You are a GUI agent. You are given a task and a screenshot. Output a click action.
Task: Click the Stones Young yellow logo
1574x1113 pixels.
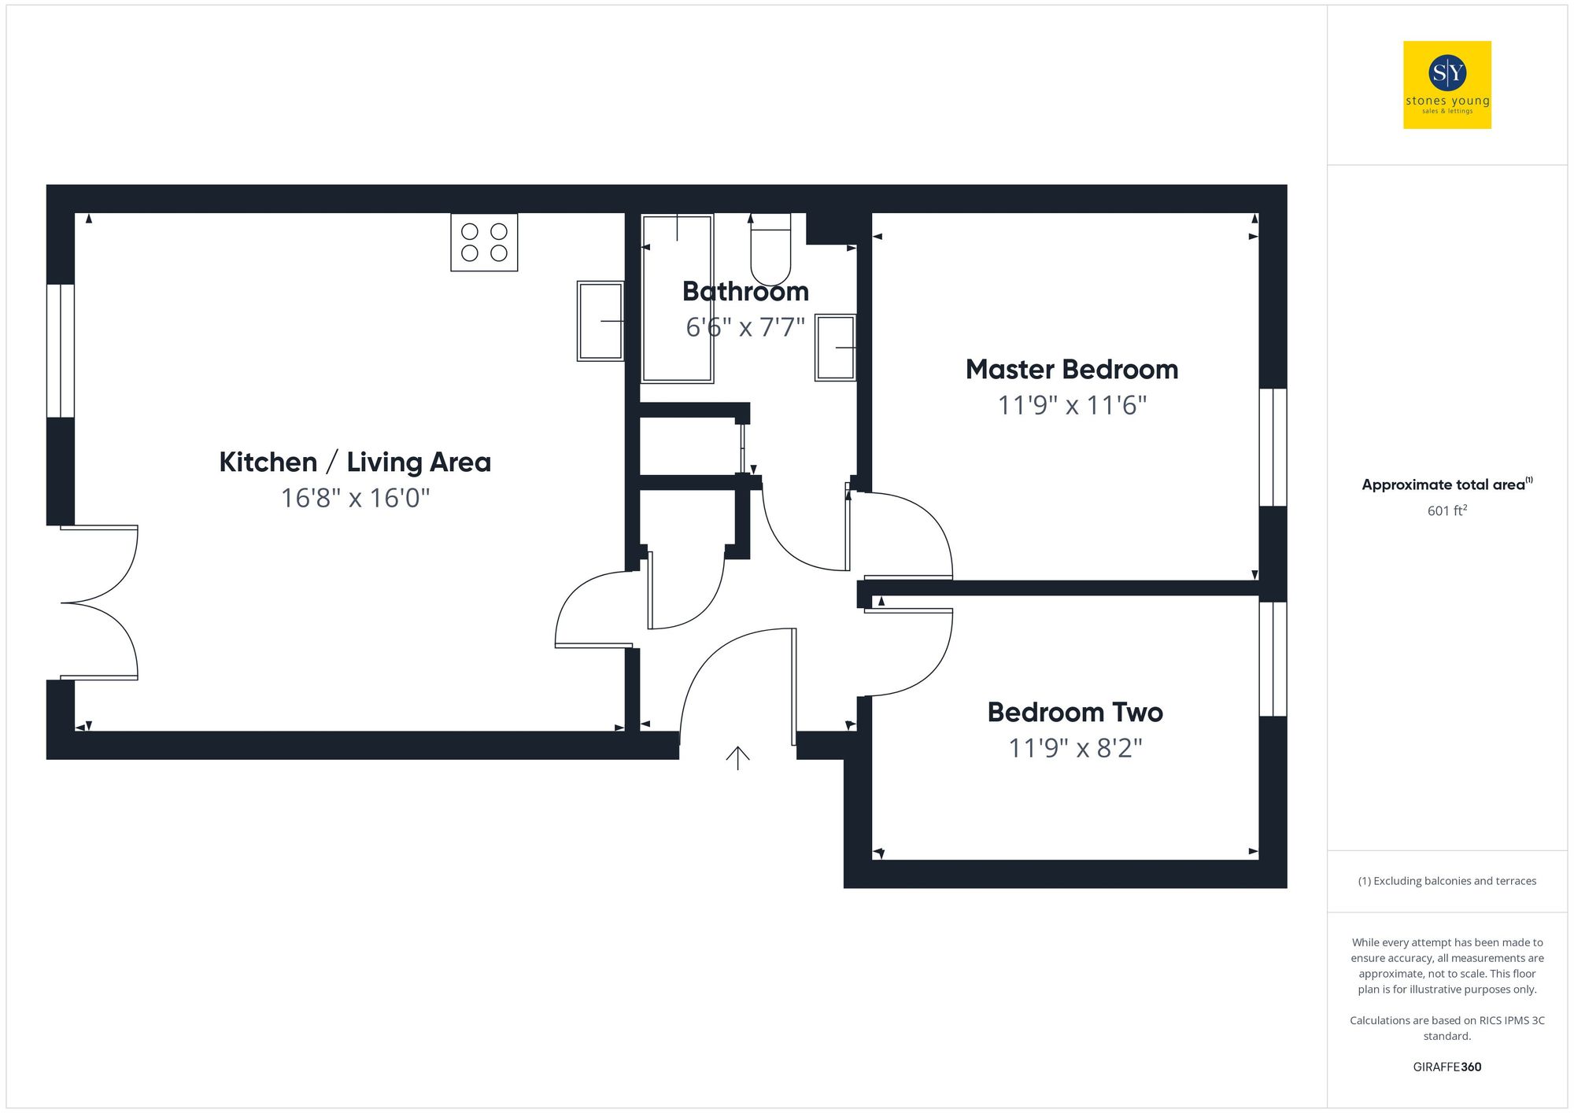pos(1447,85)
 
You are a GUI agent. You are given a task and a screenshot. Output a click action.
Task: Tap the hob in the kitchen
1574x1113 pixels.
pos(484,242)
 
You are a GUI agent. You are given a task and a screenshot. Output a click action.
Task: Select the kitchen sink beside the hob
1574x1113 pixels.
pos(600,321)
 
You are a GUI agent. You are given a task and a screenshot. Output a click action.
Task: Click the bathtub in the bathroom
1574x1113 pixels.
pos(678,299)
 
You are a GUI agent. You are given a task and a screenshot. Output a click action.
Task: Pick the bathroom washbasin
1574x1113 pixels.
pos(835,347)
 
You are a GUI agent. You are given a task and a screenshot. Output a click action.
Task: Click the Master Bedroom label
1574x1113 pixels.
pos(1071,370)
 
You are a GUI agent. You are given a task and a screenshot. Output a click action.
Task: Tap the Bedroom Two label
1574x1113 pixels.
pos(1075,713)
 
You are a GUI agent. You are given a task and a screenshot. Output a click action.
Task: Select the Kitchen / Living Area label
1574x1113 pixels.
pos(355,463)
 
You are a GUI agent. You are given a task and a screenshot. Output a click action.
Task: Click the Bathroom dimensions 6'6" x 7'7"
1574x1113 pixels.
pos(745,327)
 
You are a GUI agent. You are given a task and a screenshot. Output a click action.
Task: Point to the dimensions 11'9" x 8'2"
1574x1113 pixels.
pos(1075,748)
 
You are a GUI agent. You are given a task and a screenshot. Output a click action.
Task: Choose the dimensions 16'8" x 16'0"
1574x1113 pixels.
pos(355,498)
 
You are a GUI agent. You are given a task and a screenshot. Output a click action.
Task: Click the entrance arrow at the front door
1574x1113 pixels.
pos(737,757)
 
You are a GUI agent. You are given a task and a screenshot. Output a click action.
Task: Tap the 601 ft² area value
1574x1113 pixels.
pos(1447,510)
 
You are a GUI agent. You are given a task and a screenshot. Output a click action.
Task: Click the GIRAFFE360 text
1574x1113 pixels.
pos(1447,1067)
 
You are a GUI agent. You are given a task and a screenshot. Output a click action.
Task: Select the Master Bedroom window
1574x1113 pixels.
pos(1273,447)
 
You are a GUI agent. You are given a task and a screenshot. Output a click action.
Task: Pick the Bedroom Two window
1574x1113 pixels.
pos(1273,659)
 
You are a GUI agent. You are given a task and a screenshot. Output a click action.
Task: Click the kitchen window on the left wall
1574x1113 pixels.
pos(61,351)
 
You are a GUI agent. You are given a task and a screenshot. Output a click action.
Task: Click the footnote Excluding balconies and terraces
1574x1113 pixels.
pos(1447,881)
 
